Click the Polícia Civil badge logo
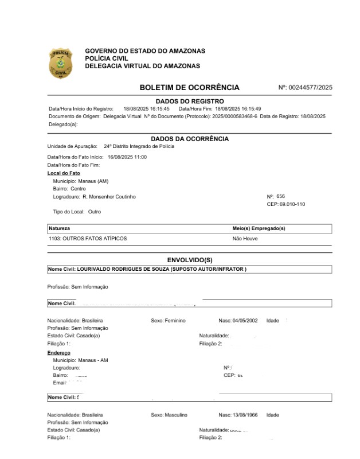click(x=60, y=63)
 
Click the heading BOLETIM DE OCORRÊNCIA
click(x=189, y=88)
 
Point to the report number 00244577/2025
click(x=310, y=88)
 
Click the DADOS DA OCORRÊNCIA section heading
click(x=189, y=139)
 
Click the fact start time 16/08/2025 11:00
click(x=127, y=157)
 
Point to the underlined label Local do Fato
click(x=64, y=173)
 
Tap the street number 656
click(x=280, y=196)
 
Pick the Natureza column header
click(x=60, y=228)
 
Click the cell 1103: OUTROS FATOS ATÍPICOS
click(x=88, y=238)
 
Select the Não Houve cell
click(x=245, y=238)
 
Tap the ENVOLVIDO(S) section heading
click(x=189, y=260)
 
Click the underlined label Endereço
click(x=59, y=353)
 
